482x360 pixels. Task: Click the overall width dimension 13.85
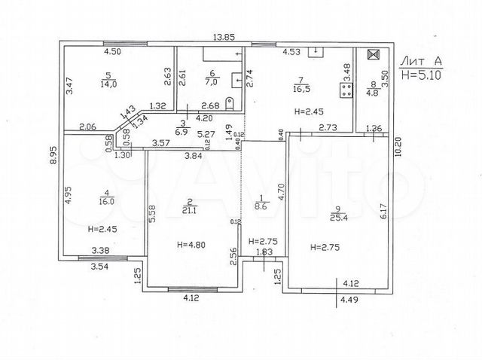point(224,37)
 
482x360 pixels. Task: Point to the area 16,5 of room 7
point(300,88)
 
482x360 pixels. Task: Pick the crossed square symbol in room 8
point(371,56)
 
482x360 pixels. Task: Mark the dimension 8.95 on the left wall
point(53,155)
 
